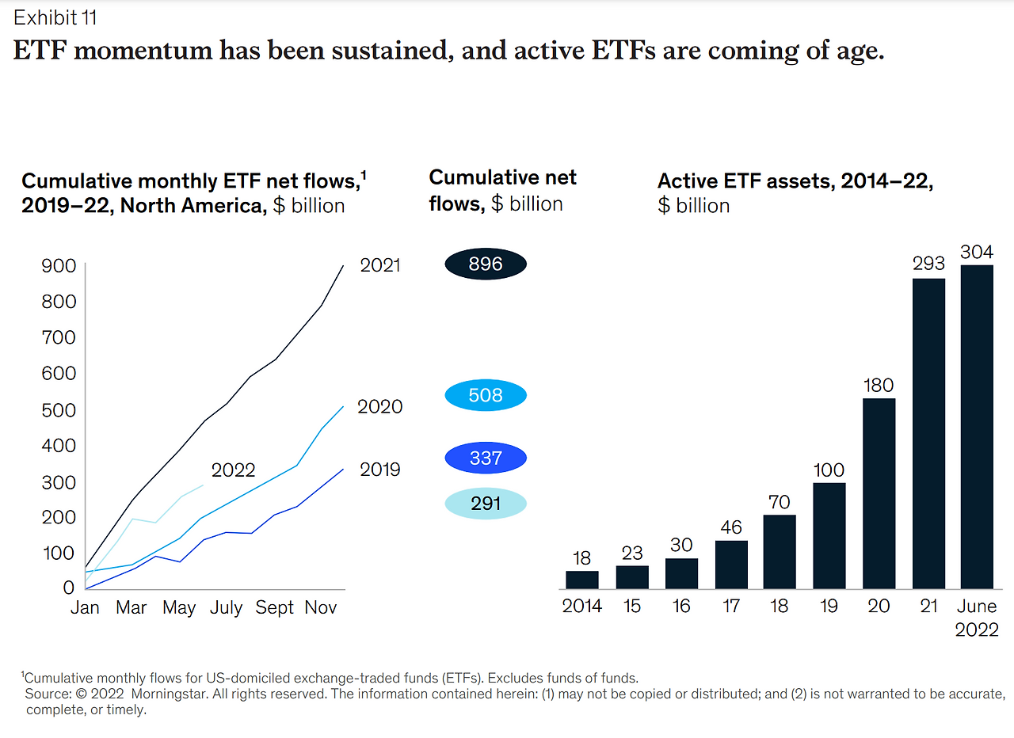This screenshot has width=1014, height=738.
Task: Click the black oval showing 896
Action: pos(486,264)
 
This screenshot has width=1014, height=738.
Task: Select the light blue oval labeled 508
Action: pos(486,395)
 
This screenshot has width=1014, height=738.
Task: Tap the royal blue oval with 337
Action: pos(486,458)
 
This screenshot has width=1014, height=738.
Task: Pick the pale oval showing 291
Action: pos(486,503)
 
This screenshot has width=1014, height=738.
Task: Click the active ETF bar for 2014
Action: pos(582,580)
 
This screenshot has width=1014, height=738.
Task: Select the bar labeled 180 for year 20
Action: pos(879,493)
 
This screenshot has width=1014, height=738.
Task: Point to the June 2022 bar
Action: pos(977,427)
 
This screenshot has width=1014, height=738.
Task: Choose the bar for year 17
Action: pos(731,565)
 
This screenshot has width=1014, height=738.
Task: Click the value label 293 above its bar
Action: pos(928,264)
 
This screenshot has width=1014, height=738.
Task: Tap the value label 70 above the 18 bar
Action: pos(779,502)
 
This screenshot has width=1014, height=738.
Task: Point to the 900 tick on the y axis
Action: pos(59,266)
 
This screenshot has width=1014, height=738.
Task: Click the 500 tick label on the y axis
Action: pos(59,410)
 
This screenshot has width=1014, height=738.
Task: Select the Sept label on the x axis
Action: pos(274,607)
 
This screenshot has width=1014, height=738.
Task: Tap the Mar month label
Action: pos(132,607)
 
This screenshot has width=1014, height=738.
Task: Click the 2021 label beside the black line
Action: pos(380,265)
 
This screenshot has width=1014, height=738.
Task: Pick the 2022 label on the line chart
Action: pos(233,470)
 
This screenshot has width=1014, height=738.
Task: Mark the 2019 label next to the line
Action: pos(380,470)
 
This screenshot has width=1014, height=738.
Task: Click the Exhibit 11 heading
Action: pos(55,17)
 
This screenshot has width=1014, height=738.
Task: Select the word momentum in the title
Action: pos(143,50)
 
